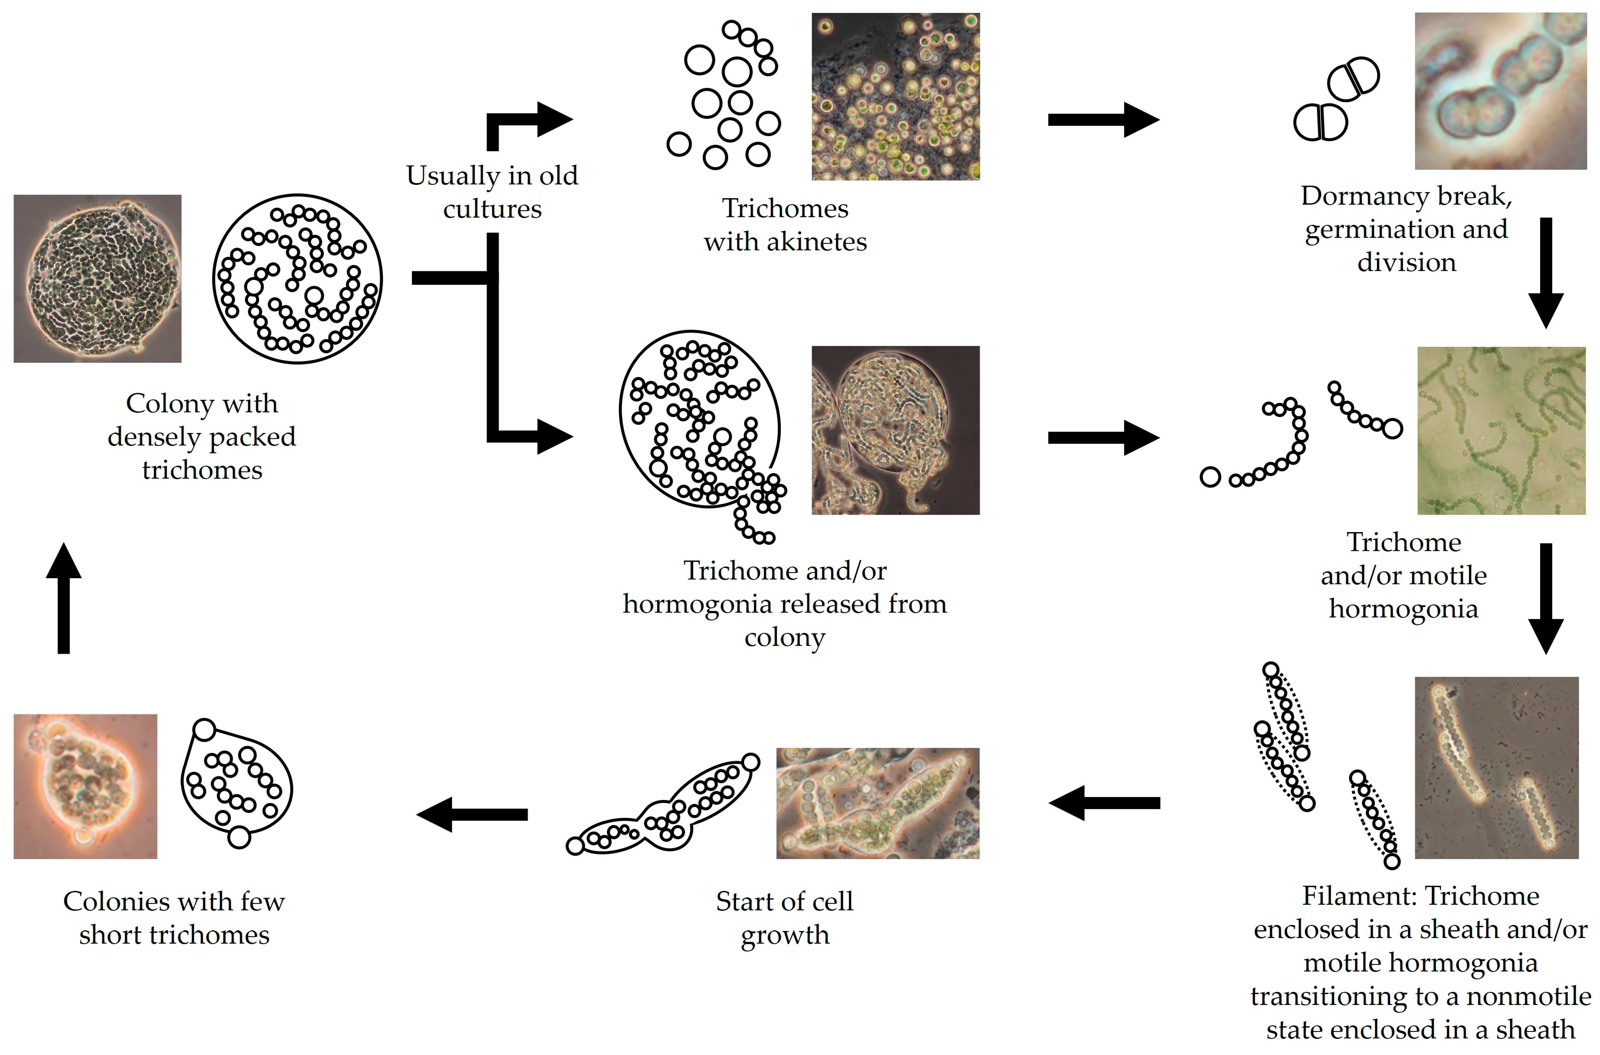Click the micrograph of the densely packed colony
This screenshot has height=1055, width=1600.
click(97, 279)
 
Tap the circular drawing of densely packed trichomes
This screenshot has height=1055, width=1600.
click(297, 279)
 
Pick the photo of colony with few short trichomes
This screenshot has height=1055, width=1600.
click(86, 786)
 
